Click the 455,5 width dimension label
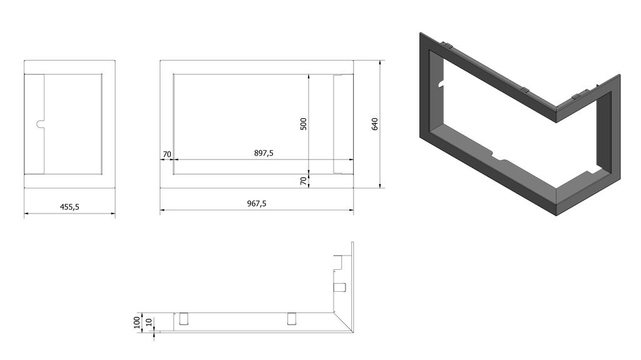tap(69, 207)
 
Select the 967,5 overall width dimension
tap(257, 203)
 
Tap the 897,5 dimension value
tap(264, 153)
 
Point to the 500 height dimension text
tap(304, 124)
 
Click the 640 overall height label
tap(375, 124)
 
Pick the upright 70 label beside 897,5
tap(167, 155)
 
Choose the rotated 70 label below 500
tap(304, 181)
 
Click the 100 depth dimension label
tap(137, 322)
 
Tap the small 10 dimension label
tap(149, 322)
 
